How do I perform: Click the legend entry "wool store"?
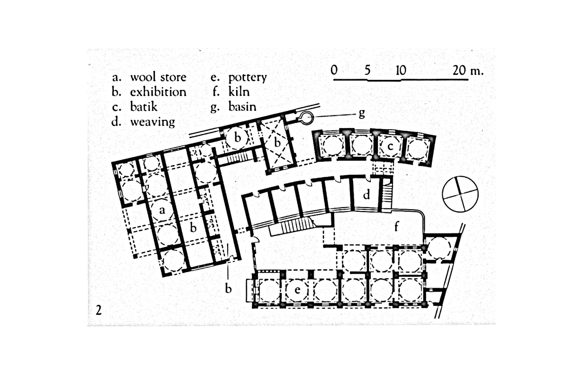tap(158, 77)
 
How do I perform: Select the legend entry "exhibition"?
tap(158, 92)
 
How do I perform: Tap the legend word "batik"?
tap(143, 107)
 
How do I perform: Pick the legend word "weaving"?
tap(152, 121)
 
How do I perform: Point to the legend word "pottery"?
tap(247, 77)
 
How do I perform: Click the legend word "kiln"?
tap(238, 92)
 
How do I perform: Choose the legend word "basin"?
tap(242, 107)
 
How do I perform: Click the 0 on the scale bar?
tap(334, 70)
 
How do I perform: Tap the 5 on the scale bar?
tap(367, 70)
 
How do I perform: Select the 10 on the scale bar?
tap(401, 70)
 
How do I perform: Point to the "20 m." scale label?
tap(468, 70)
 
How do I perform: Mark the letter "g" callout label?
tap(361, 113)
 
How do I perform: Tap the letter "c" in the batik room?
tap(390, 146)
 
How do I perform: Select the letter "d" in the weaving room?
tap(366, 195)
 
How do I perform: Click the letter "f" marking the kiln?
tap(396, 226)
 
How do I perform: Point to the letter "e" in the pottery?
tap(297, 290)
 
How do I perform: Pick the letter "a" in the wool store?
tap(162, 210)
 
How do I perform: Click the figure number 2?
tap(98, 310)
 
